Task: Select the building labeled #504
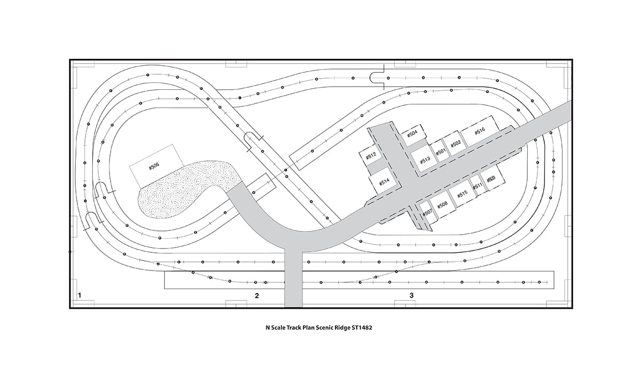pyautogui.click(x=412, y=134)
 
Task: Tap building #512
pyautogui.click(x=372, y=156)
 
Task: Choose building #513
pyautogui.click(x=425, y=160)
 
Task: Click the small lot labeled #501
pyautogui.click(x=441, y=152)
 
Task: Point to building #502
pyautogui.click(x=456, y=144)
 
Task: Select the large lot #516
pyautogui.click(x=479, y=132)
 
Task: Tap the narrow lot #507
pyautogui.click(x=427, y=212)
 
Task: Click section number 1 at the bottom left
pyautogui.click(x=79, y=295)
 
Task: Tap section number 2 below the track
pyautogui.click(x=257, y=295)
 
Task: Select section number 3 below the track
pyautogui.click(x=411, y=295)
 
